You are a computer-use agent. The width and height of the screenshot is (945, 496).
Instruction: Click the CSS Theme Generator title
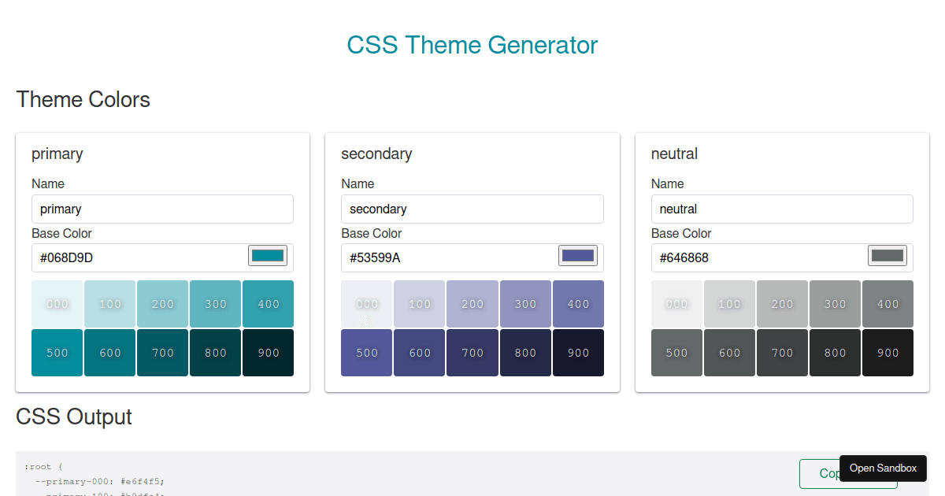[472, 45]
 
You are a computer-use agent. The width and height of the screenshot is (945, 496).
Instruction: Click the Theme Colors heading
[83, 100]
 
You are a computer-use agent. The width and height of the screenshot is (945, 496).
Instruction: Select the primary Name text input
[162, 209]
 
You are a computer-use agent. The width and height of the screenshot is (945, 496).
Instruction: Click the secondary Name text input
[472, 209]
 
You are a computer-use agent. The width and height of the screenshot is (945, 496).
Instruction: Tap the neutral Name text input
[781, 209]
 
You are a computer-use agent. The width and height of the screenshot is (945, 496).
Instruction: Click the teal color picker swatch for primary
[268, 256]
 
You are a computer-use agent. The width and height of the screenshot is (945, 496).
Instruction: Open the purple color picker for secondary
[578, 256]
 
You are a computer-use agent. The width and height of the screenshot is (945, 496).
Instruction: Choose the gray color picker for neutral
[888, 256]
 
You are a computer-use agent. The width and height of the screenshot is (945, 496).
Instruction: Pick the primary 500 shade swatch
[57, 353]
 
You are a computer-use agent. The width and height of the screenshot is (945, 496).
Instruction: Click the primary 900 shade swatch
[269, 353]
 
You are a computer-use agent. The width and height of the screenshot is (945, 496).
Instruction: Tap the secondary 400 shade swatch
[578, 304]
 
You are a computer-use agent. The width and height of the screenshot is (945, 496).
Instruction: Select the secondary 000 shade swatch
[367, 304]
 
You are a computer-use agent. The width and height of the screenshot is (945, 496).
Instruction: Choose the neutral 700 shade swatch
[782, 353]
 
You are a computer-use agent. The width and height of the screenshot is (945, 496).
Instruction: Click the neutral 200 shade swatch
[782, 304]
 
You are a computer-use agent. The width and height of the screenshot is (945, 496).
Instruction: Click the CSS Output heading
[74, 416]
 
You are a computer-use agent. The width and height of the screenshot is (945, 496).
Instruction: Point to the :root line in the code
[43, 466]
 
